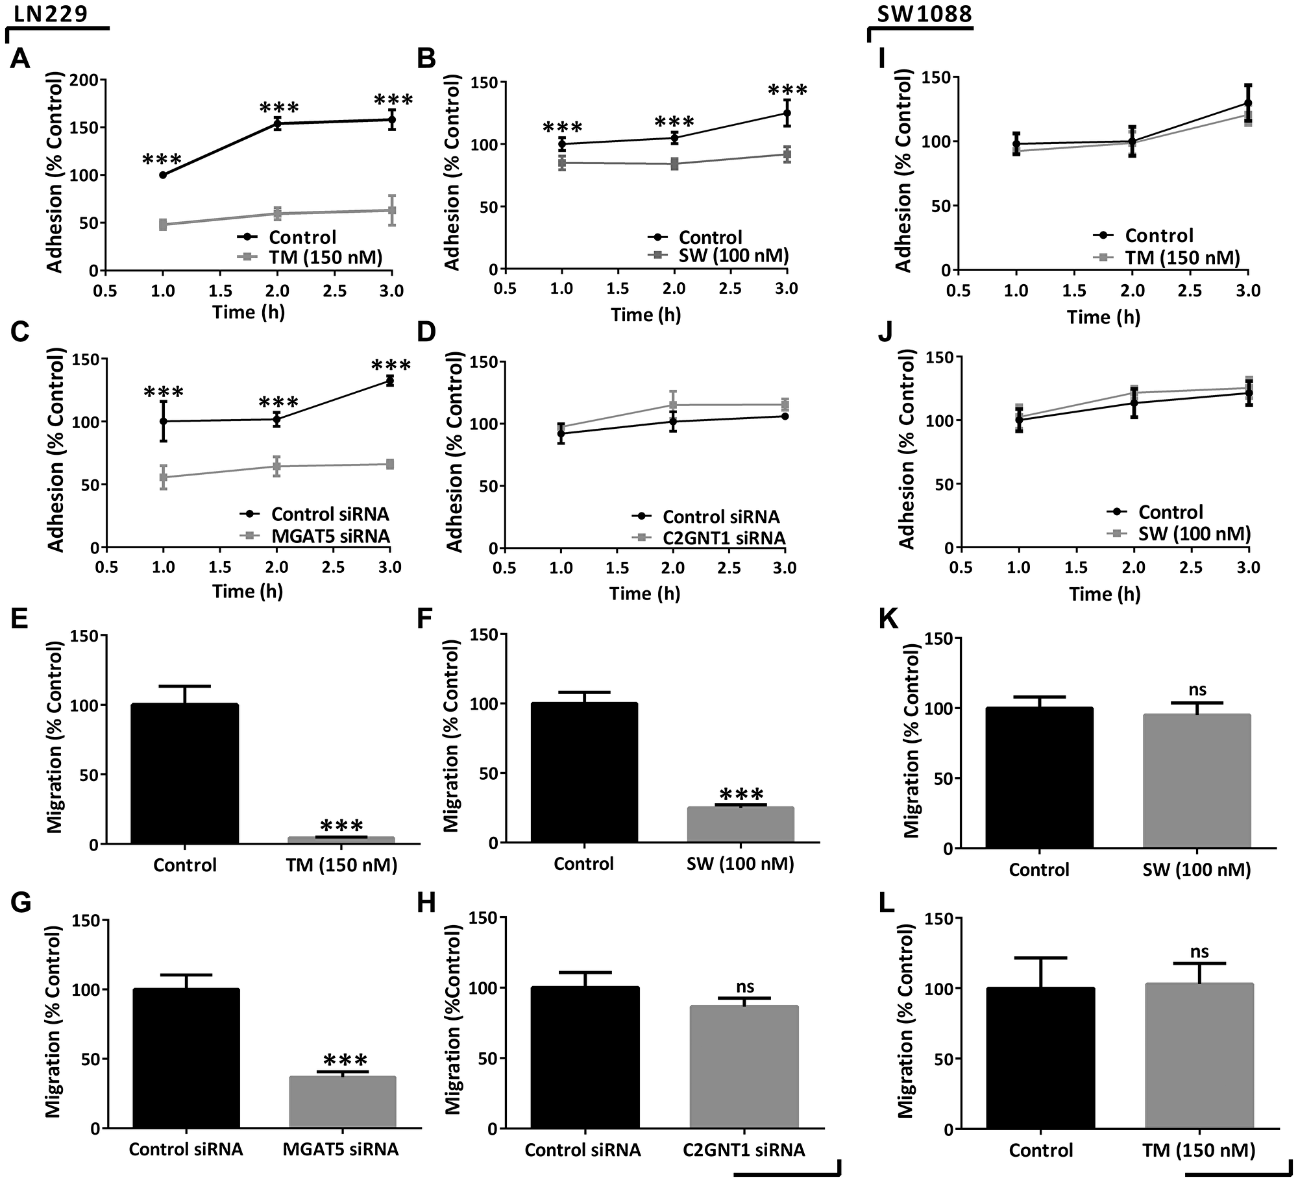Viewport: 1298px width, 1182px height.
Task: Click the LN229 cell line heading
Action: (51, 13)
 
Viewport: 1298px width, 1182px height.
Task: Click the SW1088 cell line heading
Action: (924, 13)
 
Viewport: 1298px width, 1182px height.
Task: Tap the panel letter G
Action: (21, 903)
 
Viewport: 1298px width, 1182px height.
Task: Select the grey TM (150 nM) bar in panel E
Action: (341, 840)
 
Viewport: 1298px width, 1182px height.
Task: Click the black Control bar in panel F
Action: (584, 773)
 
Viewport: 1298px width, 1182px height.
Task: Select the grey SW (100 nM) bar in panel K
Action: (1196, 781)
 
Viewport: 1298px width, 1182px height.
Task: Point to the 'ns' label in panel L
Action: (1199, 951)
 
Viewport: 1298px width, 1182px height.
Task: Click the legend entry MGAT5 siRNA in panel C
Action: (330, 536)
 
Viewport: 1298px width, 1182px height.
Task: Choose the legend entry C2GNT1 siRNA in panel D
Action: (724, 538)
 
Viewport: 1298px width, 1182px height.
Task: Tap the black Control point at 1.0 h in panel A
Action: (163, 175)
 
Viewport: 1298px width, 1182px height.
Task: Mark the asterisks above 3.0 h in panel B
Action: (787, 90)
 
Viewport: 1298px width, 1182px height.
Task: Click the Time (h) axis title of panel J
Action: (1105, 594)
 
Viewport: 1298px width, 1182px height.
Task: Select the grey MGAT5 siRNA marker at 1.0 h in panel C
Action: (164, 477)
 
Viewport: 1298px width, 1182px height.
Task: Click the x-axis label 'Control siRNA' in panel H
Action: (582, 1150)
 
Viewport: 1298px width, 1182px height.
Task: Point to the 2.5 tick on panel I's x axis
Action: (1190, 291)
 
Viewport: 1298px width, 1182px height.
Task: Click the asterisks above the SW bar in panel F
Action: (742, 795)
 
